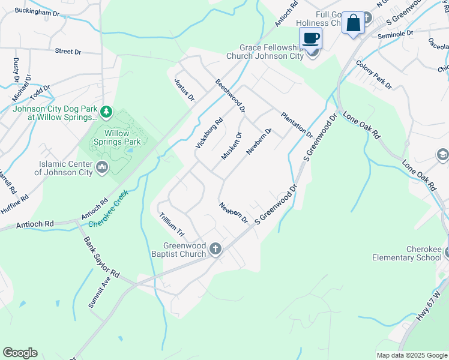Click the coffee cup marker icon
click(x=310, y=38)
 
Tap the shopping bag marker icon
click(x=353, y=23)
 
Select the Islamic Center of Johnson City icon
click(x=101, y=166)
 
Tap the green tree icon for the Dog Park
click(x=106, y=111)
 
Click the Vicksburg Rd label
click(x=209, y=133)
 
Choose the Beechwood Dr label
click(x=231, y=97)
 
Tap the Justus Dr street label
click(x=184, y=89)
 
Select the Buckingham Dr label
click(x=38, y=11)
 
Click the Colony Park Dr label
click(x=373, y=74)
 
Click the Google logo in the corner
click(x=20, y=353)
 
